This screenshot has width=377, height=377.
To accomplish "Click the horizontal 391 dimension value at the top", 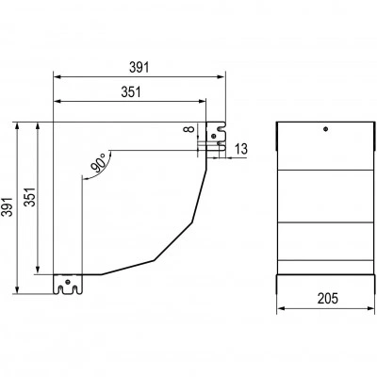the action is click(x=139, y=67).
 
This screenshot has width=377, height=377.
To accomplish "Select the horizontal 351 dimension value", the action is click(x=131, y=92).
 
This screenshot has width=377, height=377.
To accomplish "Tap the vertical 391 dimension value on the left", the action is click(x=7, y=207).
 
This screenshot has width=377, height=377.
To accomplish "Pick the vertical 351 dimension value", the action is click(x=30, y=197).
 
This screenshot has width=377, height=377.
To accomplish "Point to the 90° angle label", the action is click(x=99, y=163).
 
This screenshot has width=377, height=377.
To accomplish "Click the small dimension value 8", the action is click(x=188, y=129).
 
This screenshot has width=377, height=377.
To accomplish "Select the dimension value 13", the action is click(x=241, y=149).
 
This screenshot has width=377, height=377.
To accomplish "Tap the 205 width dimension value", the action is click(x=328, y=299).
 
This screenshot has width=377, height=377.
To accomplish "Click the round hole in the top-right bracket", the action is click(x=214, y=136).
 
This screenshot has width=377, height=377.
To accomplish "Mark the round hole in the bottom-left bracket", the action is click(x=67, y=282).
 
